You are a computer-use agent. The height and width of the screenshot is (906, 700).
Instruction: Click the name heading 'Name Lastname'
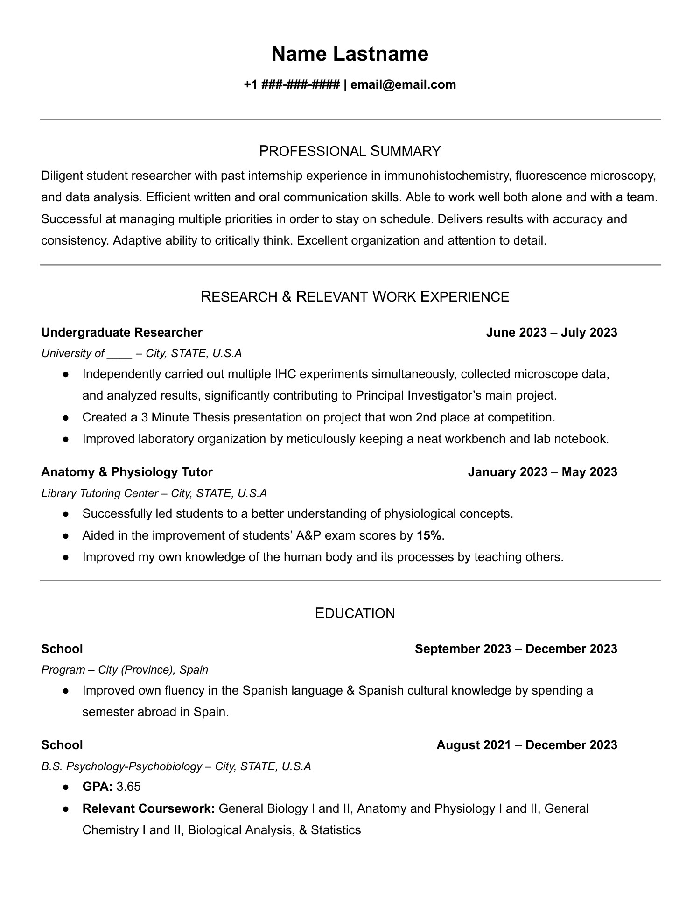tap(350, 54)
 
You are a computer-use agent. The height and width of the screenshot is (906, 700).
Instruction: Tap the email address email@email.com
tap(403, 84)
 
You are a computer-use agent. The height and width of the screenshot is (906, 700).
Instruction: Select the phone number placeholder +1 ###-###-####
tap(291, 84)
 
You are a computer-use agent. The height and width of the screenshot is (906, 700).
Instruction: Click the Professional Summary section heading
tap(350, 151)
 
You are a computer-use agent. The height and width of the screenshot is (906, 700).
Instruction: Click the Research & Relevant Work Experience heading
tap(355, 296)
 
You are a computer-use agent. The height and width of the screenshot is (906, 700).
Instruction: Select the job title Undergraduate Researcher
tap(122, 332)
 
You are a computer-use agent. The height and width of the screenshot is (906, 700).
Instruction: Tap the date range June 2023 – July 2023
tap(551, 332)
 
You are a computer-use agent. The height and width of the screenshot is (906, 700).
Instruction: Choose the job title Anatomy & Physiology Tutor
tap(127, 472)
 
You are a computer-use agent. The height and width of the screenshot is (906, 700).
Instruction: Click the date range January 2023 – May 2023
tap(542, 472)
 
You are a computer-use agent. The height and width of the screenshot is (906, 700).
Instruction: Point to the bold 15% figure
tap(429, 535)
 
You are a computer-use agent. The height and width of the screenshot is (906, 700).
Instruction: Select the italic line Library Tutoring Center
tap(154, 493)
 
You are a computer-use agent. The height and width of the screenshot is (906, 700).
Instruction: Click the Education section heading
tap(355, 613)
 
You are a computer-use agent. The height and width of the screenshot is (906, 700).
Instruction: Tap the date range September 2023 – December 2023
tap(516, 649)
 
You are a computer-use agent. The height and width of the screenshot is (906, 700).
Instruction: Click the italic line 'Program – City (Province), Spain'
tap(125, 670)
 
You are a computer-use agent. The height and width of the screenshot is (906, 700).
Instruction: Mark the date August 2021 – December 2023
tap(526, 745)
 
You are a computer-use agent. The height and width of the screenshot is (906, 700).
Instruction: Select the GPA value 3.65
tap(128, 787)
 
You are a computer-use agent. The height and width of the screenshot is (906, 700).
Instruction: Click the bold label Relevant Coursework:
tap(148, 808)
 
